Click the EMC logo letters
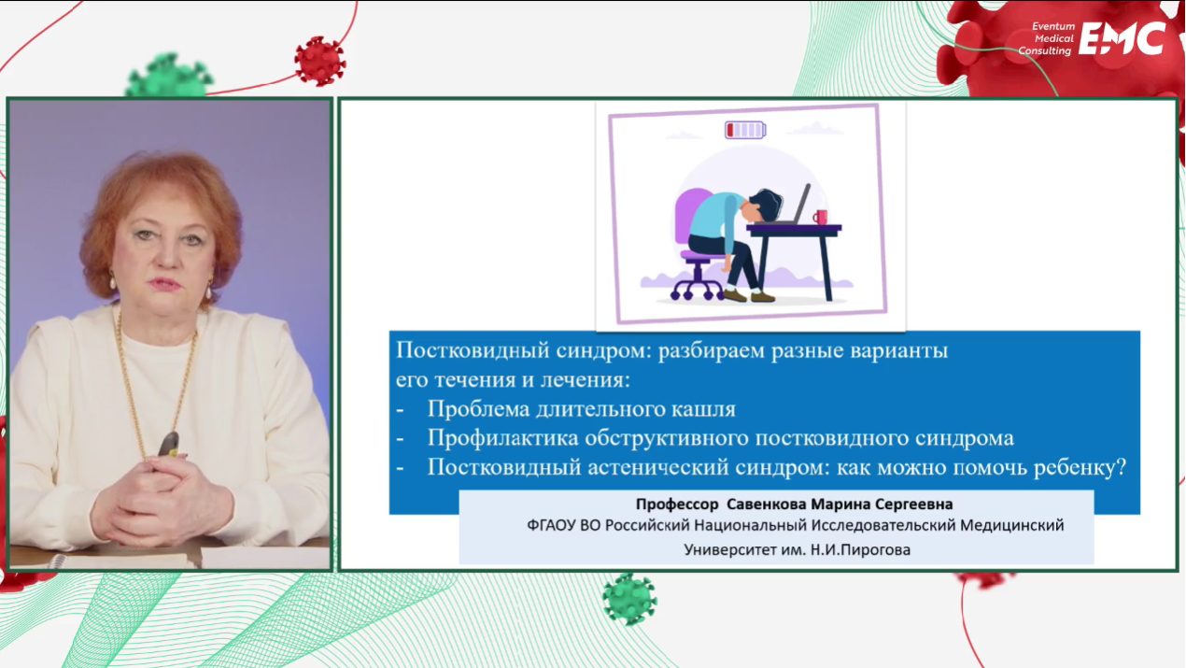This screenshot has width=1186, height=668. pos(1122,38)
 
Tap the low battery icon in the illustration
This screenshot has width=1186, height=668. pos(745,130)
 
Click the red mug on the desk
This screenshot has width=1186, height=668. pos(820,217)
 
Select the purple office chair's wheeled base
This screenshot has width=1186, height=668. pos(697,282)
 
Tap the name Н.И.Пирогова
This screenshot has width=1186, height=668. pos(860,550)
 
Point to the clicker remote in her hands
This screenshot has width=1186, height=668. pos(169,445)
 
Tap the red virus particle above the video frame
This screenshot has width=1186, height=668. pos(319,61)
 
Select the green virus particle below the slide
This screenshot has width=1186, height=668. pos(629,599)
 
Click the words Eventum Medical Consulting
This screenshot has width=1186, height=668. pos(1046,38)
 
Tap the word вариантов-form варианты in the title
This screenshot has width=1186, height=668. pos(899,350)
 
